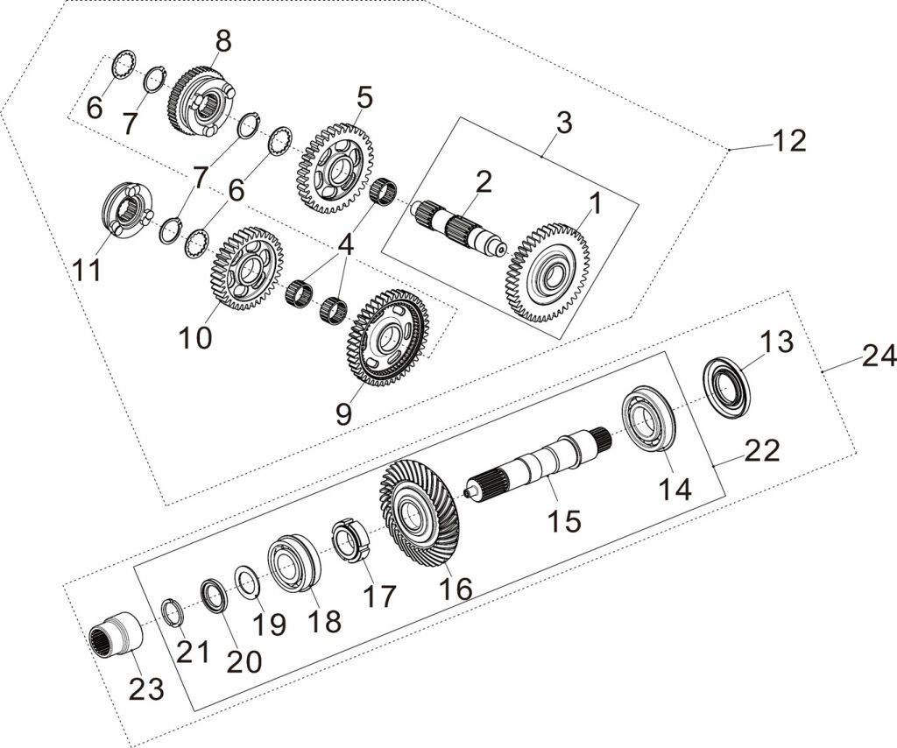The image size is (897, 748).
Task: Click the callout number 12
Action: click(788, 140)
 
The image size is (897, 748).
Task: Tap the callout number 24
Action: click(877, 356)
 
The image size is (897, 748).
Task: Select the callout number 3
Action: click(564, 122)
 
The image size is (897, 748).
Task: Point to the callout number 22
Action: click(762, 451)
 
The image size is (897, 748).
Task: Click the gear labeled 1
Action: click(548, 273)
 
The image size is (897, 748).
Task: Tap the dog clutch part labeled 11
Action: click(128, 213)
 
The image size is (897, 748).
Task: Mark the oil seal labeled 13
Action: click(728, 386)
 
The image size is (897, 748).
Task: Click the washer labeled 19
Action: click(247, 582)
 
